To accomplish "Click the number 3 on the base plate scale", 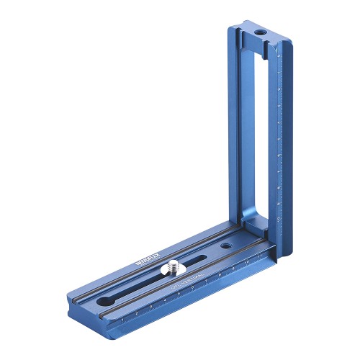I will coord(150,306).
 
